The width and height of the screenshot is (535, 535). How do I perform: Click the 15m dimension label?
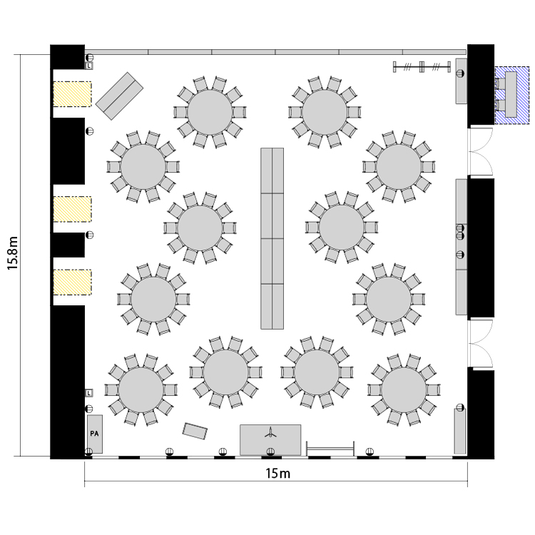(277, 473)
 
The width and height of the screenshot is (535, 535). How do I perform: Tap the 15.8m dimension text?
(13, 253)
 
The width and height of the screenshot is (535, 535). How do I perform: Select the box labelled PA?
(94, 434)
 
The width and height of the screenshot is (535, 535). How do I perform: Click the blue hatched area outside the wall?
(512, 95)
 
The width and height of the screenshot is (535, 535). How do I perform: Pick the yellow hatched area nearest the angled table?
(72, 94)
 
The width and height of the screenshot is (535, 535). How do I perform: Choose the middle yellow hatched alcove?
(72, 209)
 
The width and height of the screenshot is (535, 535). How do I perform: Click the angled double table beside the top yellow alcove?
(119, 96)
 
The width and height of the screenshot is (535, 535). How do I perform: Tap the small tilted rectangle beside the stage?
(195, 432)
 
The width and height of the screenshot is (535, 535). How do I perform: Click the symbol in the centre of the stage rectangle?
(270, 432)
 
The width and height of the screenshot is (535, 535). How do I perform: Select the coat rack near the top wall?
(422, 67)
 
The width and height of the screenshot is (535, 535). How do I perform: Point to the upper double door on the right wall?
(481, 151)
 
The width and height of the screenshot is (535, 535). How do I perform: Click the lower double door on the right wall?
(481, 343)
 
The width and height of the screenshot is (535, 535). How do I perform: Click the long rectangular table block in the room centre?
(272, 238)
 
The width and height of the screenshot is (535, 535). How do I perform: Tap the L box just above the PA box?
(88, 393)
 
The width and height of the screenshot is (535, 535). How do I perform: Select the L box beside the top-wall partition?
(88, 66)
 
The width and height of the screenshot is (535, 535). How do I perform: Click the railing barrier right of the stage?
(330, 448)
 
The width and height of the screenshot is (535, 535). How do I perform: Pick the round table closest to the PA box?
(141, 389)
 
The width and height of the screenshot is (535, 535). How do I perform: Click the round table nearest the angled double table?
(143, 167)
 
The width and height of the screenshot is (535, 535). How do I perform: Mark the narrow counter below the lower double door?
(460, 431)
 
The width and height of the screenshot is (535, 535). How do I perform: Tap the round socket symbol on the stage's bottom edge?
(270, 452)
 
